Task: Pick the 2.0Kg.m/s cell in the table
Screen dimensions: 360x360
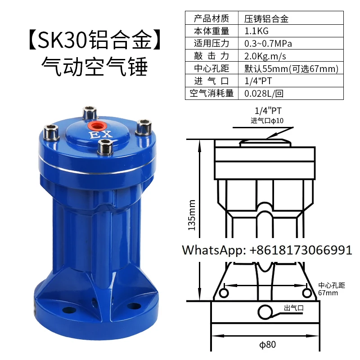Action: click(x=265, y=56)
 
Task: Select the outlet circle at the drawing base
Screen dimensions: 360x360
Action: click(x=265, y=311)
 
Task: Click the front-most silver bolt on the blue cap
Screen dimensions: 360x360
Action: click(x=106, y=147)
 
